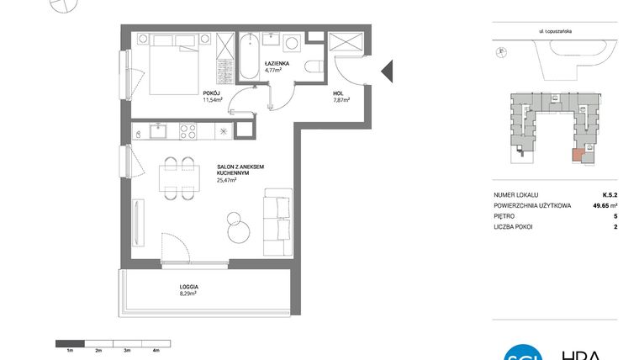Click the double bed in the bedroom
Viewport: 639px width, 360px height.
point(173,68)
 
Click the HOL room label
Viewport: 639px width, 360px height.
point(337,93)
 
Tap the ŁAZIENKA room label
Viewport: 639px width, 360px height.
point(277,64)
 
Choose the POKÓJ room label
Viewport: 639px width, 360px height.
point(211,93)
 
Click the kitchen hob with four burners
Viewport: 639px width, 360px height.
point(186,130)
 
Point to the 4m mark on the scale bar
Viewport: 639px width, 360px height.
point(156,347)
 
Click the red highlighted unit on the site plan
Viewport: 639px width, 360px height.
point(577,155)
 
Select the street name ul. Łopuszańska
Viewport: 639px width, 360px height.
point(550,32)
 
